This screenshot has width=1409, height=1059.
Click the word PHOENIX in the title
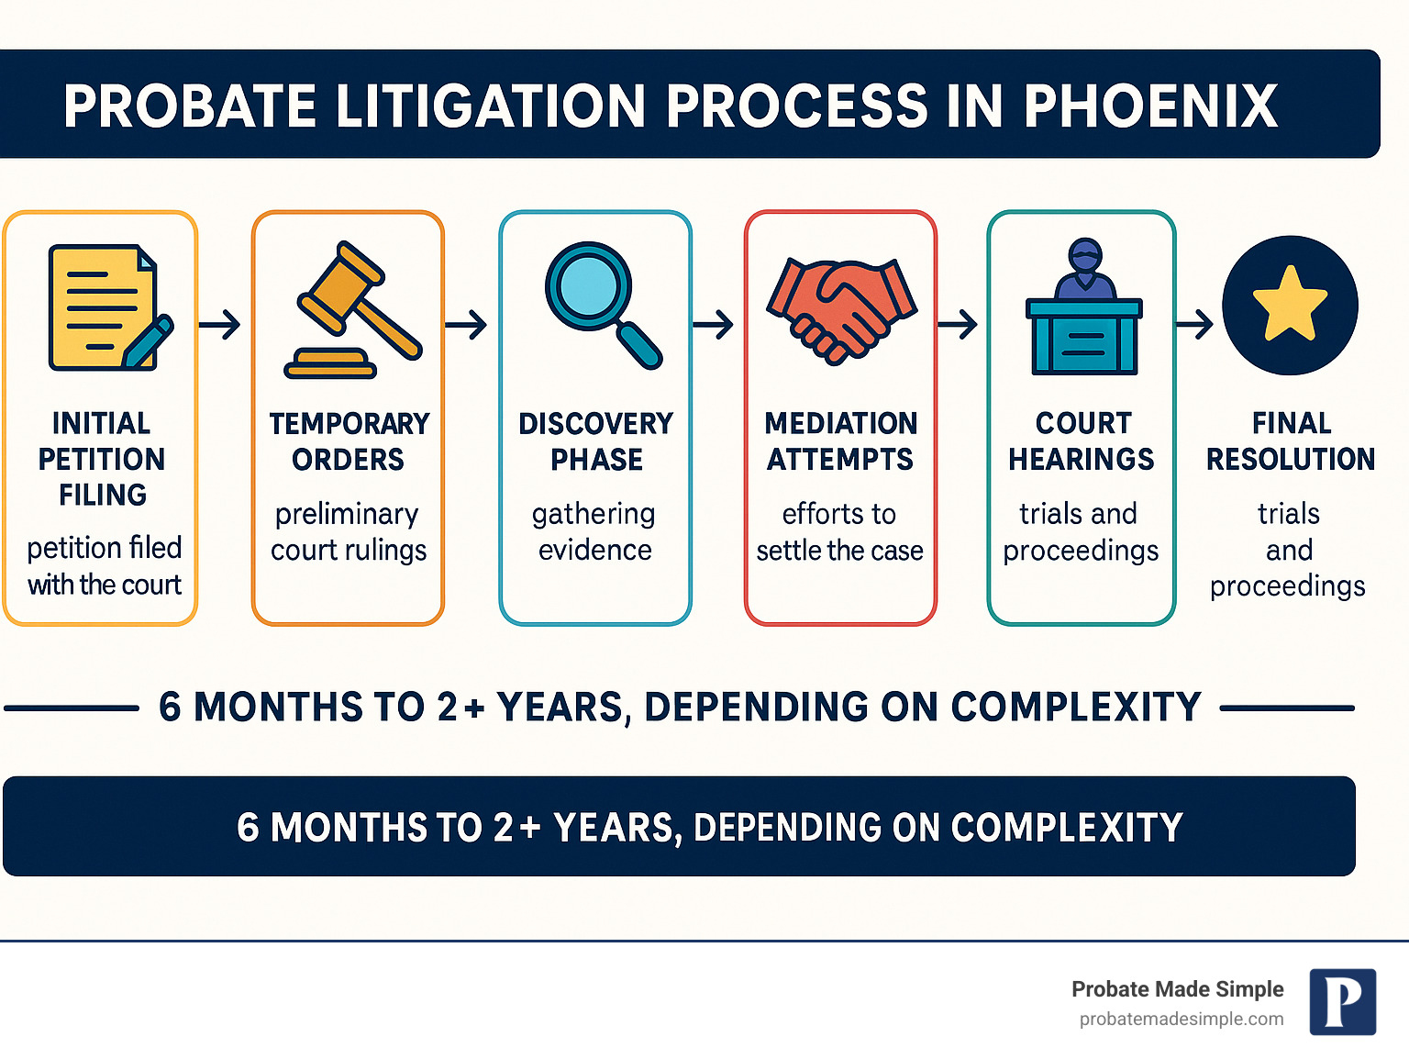tap(1150, 106)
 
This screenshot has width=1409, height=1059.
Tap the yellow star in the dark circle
tap(1290, 304)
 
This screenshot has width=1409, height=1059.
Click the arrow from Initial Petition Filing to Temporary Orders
tap(219, 324)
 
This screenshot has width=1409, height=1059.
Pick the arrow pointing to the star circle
tap(1194, 324)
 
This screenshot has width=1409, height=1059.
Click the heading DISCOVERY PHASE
tap(596, 441)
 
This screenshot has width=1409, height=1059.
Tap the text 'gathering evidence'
tap(594, 531)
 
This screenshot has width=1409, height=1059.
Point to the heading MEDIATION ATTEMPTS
tap(840, 441)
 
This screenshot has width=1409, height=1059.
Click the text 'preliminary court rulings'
tap(348, 531)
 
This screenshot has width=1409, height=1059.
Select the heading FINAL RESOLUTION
tap(1291, 441)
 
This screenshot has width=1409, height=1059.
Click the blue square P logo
tap(1343, 1001)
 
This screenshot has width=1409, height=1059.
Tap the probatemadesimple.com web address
tap(1182, 1019)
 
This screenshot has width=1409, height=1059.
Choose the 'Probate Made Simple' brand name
tap(1177, 988)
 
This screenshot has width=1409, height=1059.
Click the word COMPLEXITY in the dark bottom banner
tap(1067, 828)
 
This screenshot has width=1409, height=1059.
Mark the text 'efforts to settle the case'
tap(839, 531)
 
